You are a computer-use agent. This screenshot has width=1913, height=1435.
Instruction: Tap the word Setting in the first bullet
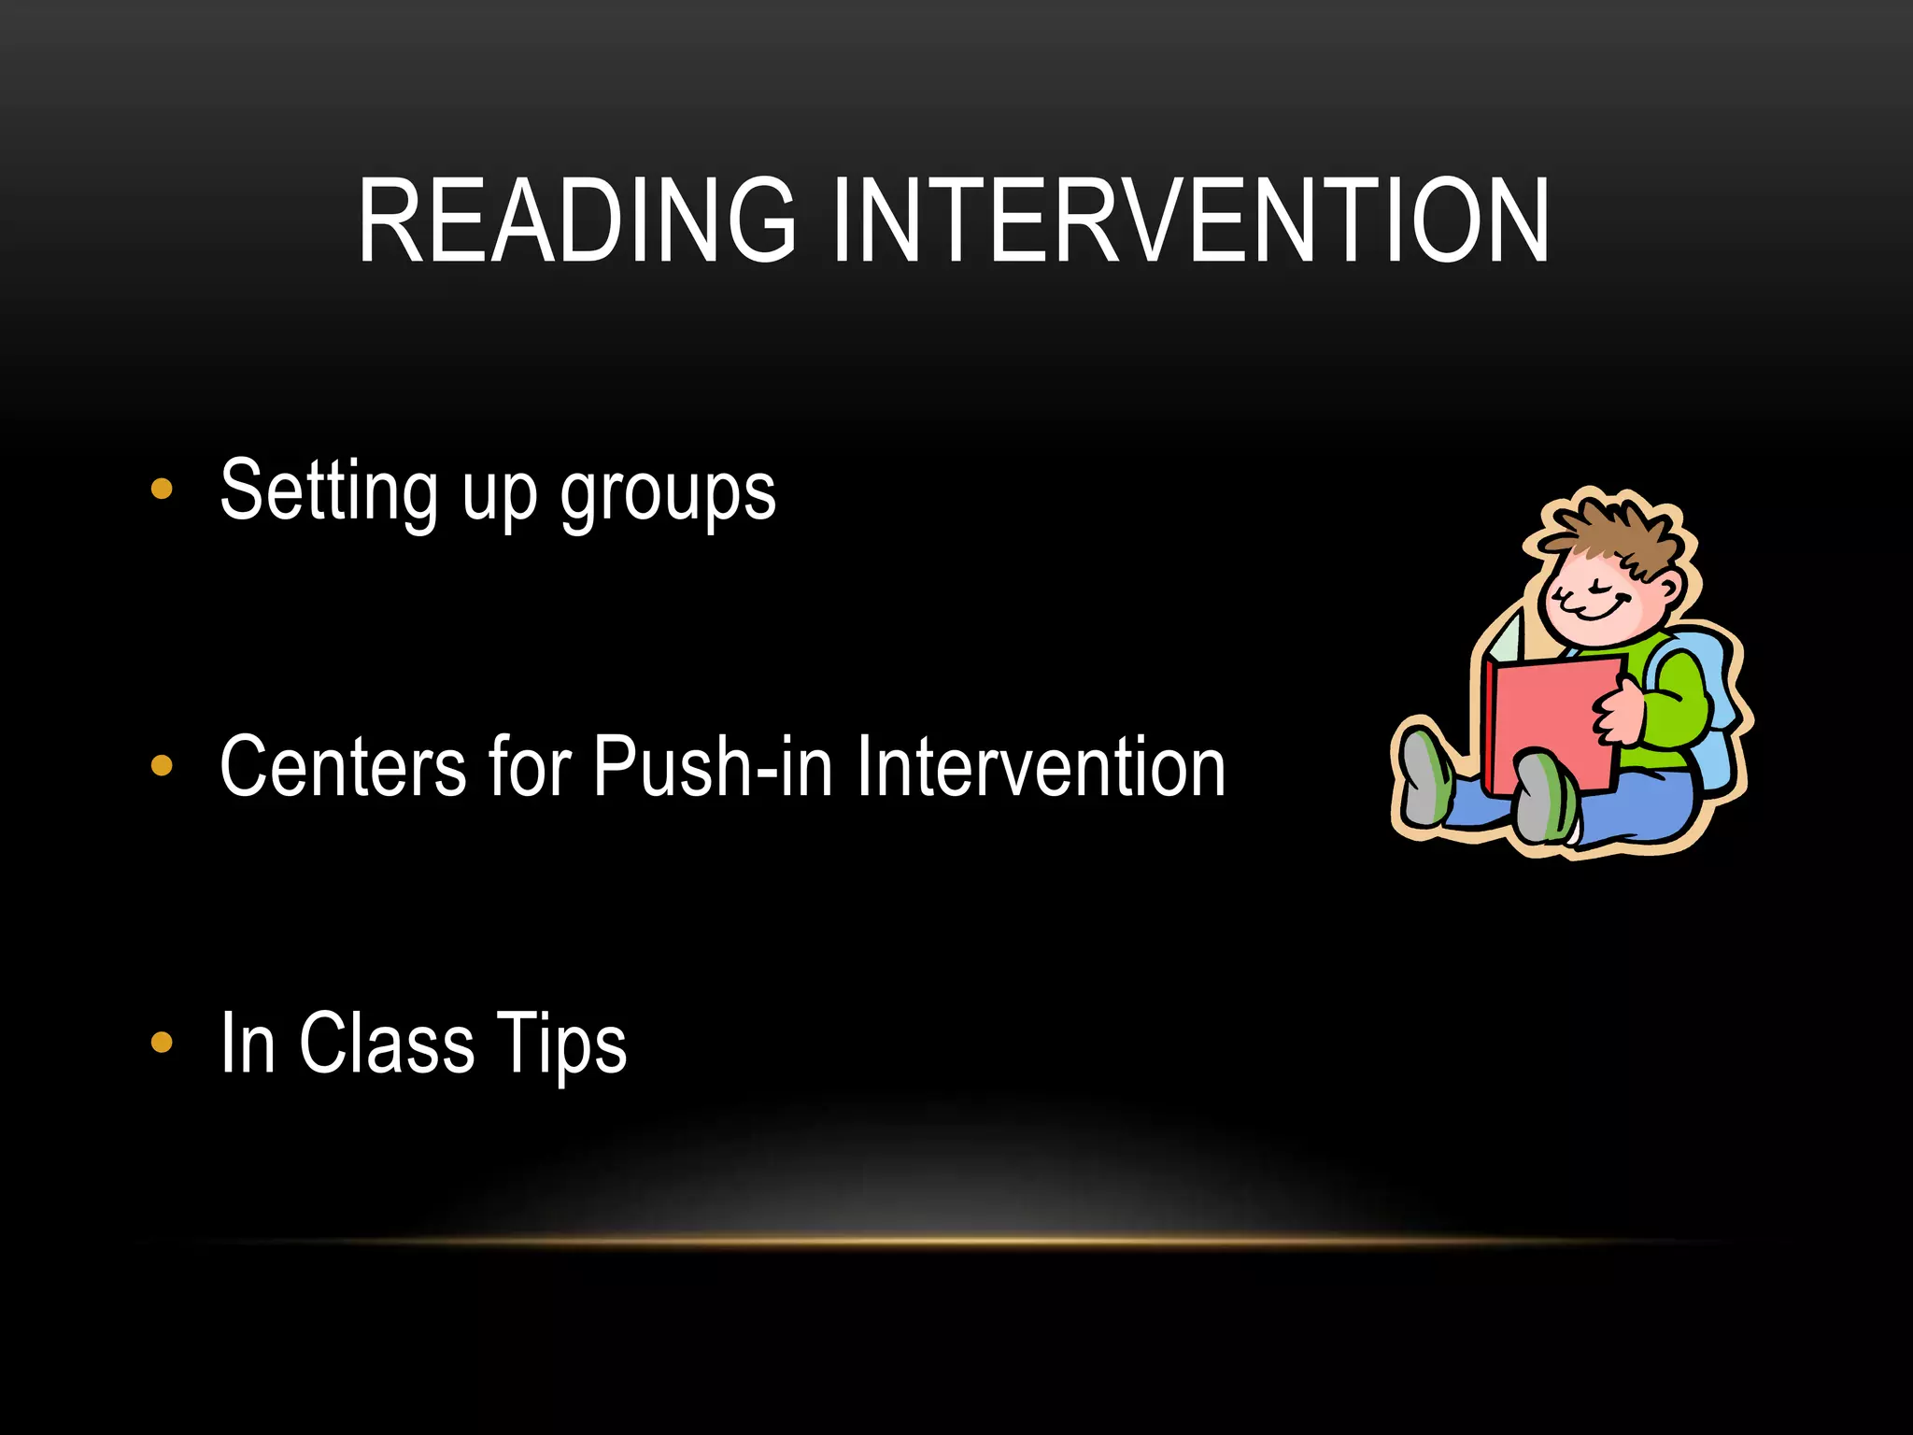point(329,491)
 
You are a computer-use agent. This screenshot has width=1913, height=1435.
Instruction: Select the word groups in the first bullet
point(668,495)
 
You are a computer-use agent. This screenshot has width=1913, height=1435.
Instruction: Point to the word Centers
point(343,766)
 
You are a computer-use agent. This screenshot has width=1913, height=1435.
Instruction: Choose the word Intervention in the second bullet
point(1041,766)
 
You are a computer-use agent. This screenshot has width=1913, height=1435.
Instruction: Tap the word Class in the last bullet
point(387,1043)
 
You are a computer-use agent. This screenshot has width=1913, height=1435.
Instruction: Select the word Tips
point(561,1044)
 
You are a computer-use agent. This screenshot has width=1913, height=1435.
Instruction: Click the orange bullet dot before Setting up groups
point(162,490)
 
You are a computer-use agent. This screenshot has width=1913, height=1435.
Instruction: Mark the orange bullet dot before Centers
point(162,766)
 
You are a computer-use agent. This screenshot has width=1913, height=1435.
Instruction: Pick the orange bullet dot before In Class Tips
point(162,1042)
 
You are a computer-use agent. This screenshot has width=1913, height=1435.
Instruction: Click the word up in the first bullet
point(500,495)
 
